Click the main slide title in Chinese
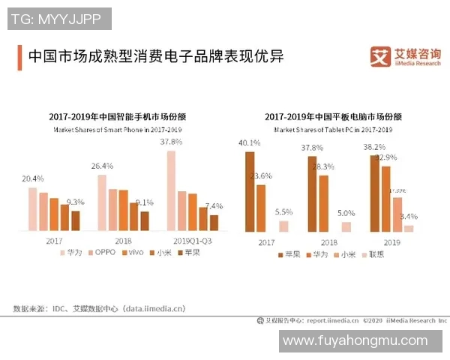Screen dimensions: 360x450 tap(156, 57)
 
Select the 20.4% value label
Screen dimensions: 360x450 tap(33, 178)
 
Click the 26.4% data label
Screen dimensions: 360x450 tap(102, 166)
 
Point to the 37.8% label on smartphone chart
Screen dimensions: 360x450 tap(171, 141)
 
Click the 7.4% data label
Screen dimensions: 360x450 tap(214, 205)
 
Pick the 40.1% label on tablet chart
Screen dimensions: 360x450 tap(249, 142)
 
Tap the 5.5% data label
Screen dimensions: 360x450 tap(283, 212)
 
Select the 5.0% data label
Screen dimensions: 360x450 tap(346, 213)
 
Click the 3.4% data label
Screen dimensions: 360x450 tap(409, 217)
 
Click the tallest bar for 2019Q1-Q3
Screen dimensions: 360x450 tap(171, 190)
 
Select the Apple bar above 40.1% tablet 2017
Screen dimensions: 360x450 tap(250, 191)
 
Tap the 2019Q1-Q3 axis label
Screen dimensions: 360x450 tap(192, 241)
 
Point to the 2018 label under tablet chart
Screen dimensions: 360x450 tap(328, 243)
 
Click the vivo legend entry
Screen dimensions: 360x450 tap(132, 253)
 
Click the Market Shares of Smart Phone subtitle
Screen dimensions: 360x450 tap(118, 130)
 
